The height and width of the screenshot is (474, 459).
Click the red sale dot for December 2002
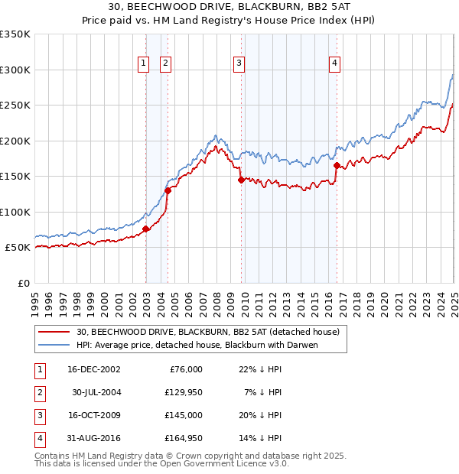pyautogui.click(x=145, y=229)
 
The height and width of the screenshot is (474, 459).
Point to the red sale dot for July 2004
pyautogui.click(x=168, y=190)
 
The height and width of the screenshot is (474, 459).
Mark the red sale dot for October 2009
pyautogui.click(x=241, y=180)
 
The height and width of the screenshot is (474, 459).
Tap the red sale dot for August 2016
pyautogui.click(x=337, y=165)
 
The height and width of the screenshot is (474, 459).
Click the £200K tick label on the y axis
pyautogui.click(x=15, y=141)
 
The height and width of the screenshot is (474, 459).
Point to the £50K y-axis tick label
pyautogui.click(x=18, y=248)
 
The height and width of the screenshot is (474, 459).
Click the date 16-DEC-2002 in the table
pyautogui.click(x=94, y=368)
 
